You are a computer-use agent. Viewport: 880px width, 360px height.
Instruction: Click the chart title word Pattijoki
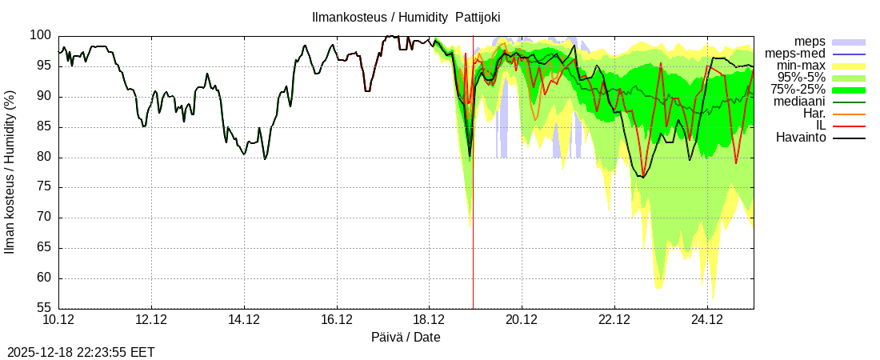point(478,17)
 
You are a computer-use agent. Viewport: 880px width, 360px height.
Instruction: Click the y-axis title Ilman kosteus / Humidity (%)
point(10,173)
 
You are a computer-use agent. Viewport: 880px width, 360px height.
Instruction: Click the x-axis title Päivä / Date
point(406,337)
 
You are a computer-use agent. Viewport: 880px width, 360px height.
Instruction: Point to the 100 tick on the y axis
point(40,36)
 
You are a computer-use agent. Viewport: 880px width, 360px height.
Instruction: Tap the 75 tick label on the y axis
point(43,187)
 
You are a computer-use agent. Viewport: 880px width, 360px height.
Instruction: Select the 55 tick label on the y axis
point(43,308)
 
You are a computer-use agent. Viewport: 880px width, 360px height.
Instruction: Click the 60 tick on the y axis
point(43,278)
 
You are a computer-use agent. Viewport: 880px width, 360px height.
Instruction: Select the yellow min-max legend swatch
point(849,66)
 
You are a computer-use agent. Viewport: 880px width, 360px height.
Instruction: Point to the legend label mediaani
point(799,102)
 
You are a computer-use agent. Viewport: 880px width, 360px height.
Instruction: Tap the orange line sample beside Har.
point(849,114)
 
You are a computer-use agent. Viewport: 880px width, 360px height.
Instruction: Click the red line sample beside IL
point(849,126)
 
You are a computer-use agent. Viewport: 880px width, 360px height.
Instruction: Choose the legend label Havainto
point(801,138)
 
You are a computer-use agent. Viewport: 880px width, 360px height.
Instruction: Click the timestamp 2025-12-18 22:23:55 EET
point(81,352)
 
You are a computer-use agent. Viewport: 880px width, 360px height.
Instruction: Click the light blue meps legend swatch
point(849,42)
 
